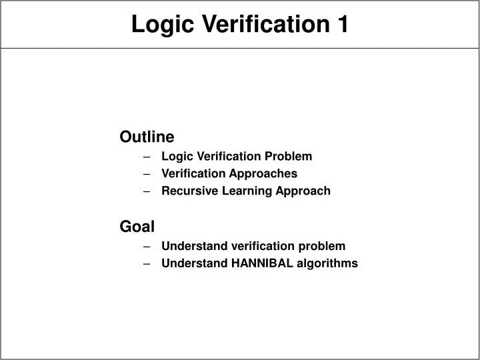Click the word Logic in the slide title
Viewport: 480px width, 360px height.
point(158,25)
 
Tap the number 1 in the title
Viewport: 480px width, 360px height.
point(341,25)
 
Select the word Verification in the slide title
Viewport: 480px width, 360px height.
point(259,25)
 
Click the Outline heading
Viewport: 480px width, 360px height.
point(147,137)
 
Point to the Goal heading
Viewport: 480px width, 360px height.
point(137,226)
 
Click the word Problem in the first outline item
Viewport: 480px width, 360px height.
point(289,157)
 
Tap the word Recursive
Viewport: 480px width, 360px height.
point(187,191)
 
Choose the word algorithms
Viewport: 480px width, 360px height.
point(328,263)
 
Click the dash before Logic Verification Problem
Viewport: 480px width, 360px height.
point(146,157)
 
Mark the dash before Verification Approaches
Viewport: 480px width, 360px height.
point(146,174)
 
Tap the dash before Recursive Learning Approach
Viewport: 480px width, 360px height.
point(146,191)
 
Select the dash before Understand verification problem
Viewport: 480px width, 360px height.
point(146,246)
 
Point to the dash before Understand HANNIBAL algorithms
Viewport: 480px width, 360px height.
point(146,263)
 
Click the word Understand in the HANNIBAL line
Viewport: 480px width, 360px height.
point(194,263)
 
